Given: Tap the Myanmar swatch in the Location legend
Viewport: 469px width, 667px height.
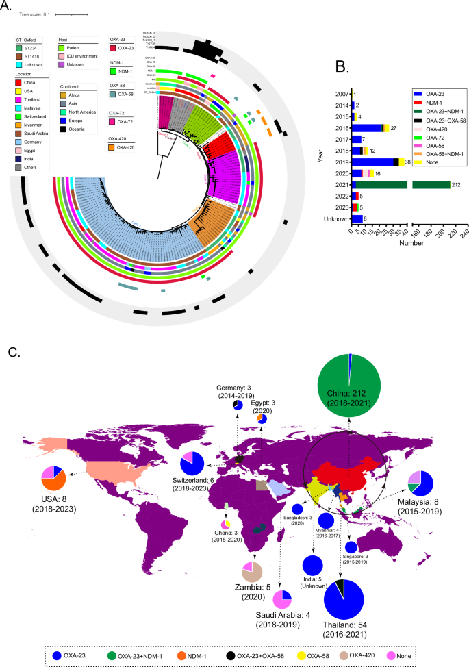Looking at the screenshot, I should click(19, 129).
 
